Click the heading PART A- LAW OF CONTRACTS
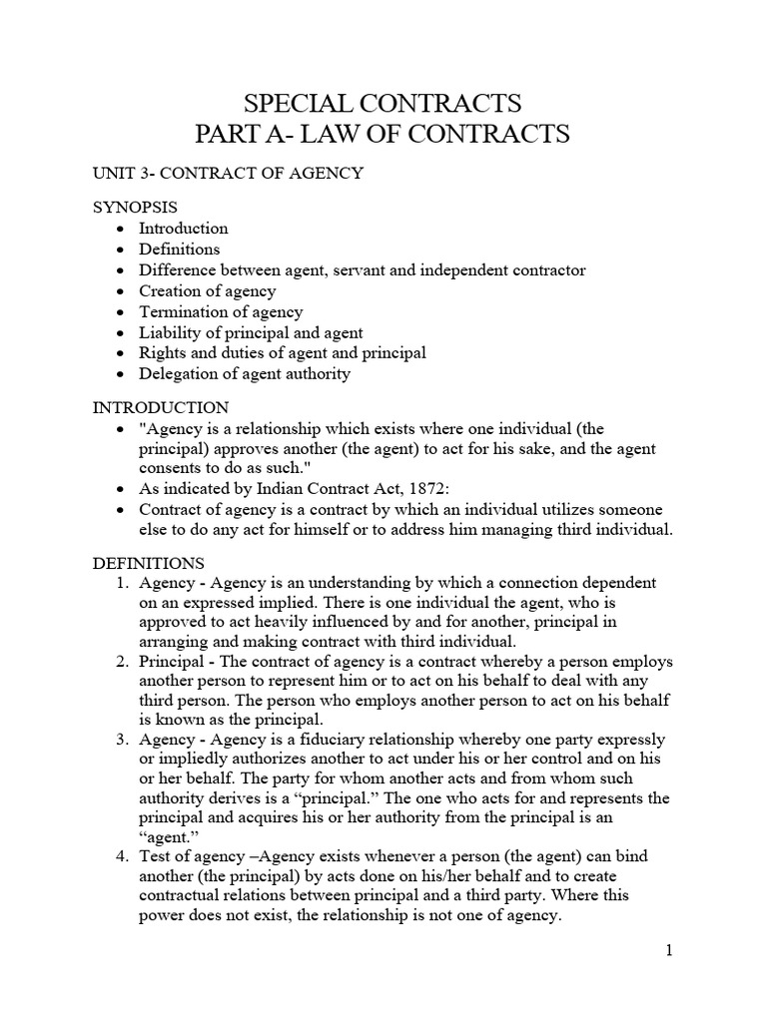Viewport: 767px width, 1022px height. click(383, 134)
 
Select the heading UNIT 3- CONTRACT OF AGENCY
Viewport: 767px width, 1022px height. click(228, 174)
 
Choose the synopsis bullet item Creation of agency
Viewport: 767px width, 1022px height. click(208, 290)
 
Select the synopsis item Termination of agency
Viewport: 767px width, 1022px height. click(221, 311)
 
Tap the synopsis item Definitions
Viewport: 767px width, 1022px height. click(180, 249)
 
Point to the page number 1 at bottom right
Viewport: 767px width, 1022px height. click(668, 950)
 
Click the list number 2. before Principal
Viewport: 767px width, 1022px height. click(124, 662)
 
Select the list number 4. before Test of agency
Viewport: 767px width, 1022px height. click(124, 856)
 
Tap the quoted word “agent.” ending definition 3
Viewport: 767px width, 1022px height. click(162, 836)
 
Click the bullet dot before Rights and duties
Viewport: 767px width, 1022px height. click(120, 353)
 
